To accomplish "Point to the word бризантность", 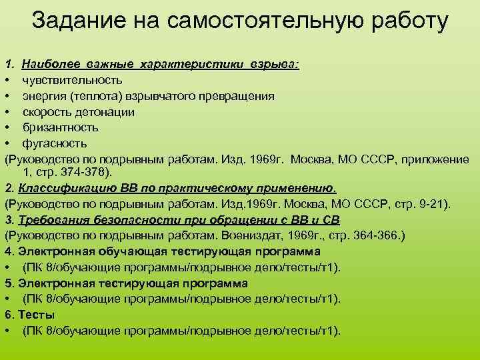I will pos(61,127).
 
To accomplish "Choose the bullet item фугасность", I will pos(55,143).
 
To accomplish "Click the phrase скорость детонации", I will pos(78,111).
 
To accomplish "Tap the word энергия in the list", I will pos(42,95).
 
